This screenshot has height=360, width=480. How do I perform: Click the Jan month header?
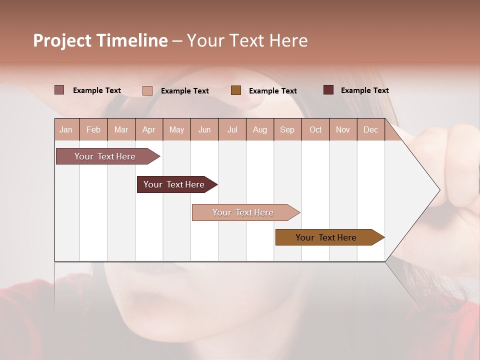(x=66, y=129)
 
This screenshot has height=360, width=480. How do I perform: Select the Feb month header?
(x=93, y=129)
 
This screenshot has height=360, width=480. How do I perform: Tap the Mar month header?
(x=121, y=129)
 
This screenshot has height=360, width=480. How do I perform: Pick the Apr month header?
(x=149, y=129)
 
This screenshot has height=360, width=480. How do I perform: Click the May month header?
(x=176, y=129)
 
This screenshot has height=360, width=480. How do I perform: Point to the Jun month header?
(x=204, y=129)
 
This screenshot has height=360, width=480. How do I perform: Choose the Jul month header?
(x=232, y=129)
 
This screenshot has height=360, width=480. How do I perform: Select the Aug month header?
(x=260, y=129)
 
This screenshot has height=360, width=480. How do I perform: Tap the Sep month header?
(x=287, y=129)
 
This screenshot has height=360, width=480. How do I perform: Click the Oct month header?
(x=315, y=129)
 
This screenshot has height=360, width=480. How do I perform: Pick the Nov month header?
(x=343, y=129)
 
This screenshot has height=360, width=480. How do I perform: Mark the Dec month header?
(x=370, y=129)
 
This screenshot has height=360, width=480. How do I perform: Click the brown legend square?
(x=236, y=90)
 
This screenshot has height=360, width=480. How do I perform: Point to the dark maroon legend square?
(x=328, y=90)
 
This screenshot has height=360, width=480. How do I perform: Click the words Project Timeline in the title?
(x=100, y=40)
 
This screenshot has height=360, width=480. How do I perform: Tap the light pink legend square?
(x=147, y=90)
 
